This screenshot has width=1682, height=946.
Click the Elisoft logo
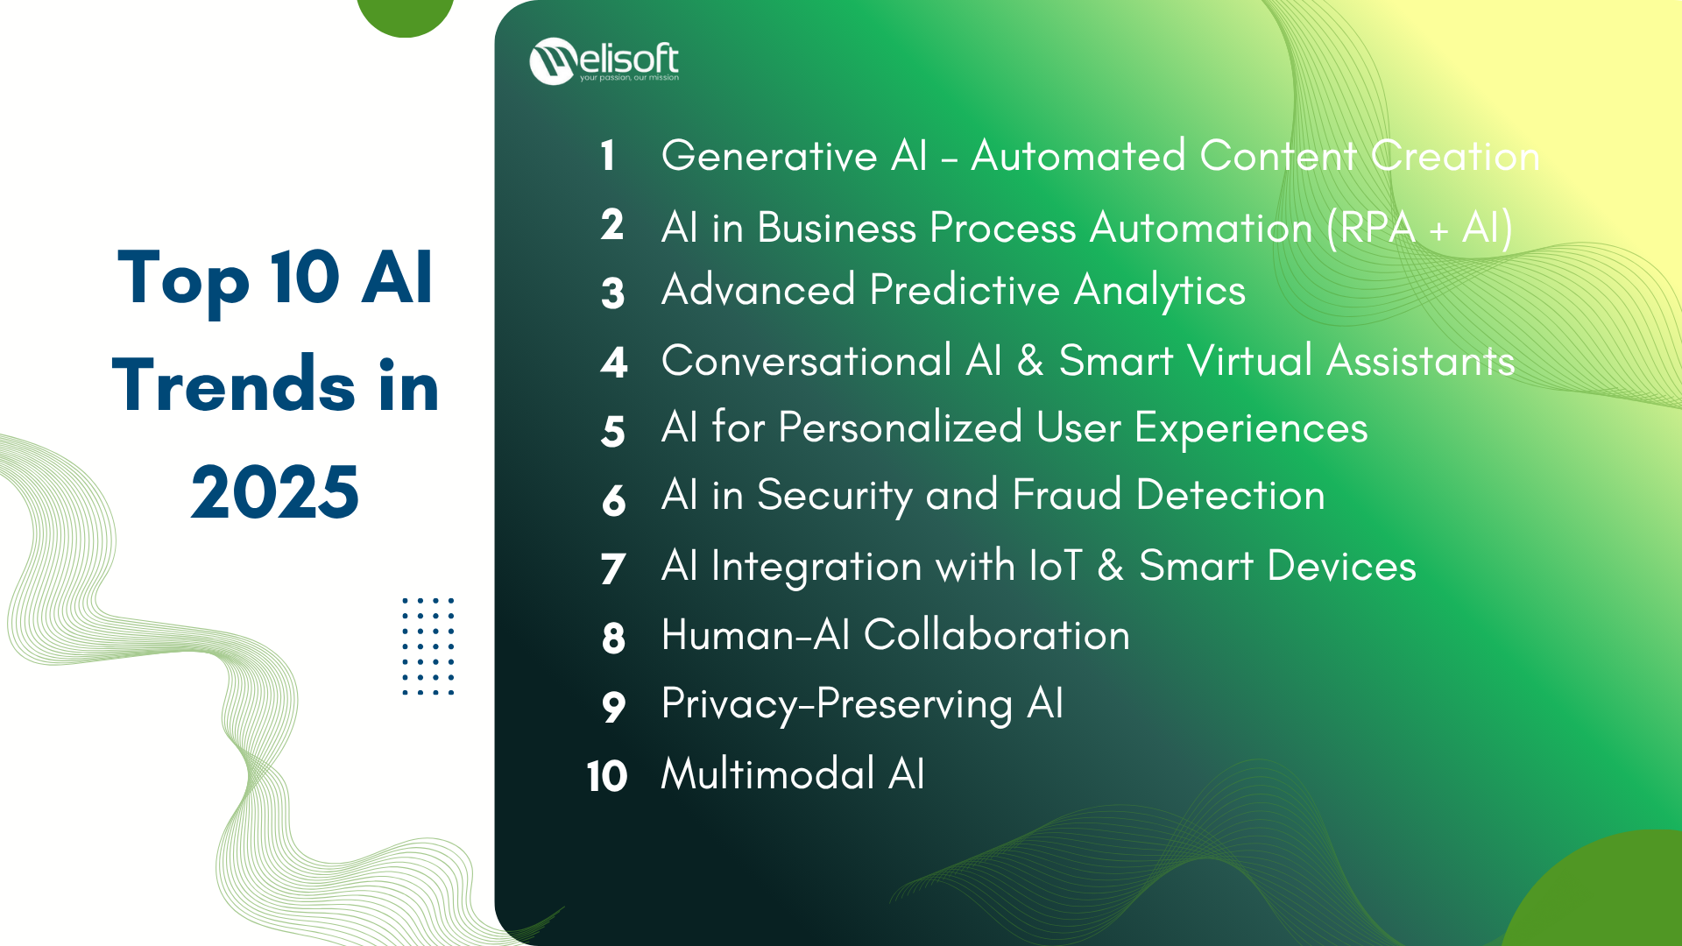(x=604, y=61)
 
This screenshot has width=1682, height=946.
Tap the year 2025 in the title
(x=275, y=492)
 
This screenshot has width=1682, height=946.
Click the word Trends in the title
(x=234, y=385)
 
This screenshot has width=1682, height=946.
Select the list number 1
(x=608, y=156)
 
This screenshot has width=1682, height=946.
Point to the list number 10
(x=607, y=776)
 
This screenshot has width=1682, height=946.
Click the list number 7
(x=613, y=568)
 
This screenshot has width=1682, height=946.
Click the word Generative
(x=769, y=156)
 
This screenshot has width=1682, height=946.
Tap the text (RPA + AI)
(x=1419, y=228)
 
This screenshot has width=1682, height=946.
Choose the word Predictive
(x=965, y=290)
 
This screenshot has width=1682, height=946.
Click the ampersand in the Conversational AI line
(x=1031, y=361)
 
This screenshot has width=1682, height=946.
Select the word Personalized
(x=900, y=428)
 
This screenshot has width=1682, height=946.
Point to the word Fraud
(x=1067, y=495)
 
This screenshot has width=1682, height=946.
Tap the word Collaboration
(x=997, y=634)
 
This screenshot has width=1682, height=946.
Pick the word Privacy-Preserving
(x=837, y=705)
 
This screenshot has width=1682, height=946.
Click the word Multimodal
(x=768, y=774)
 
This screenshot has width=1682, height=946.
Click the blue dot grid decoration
(x=428, y=646)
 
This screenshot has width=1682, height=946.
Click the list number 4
(x=614, y=363)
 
